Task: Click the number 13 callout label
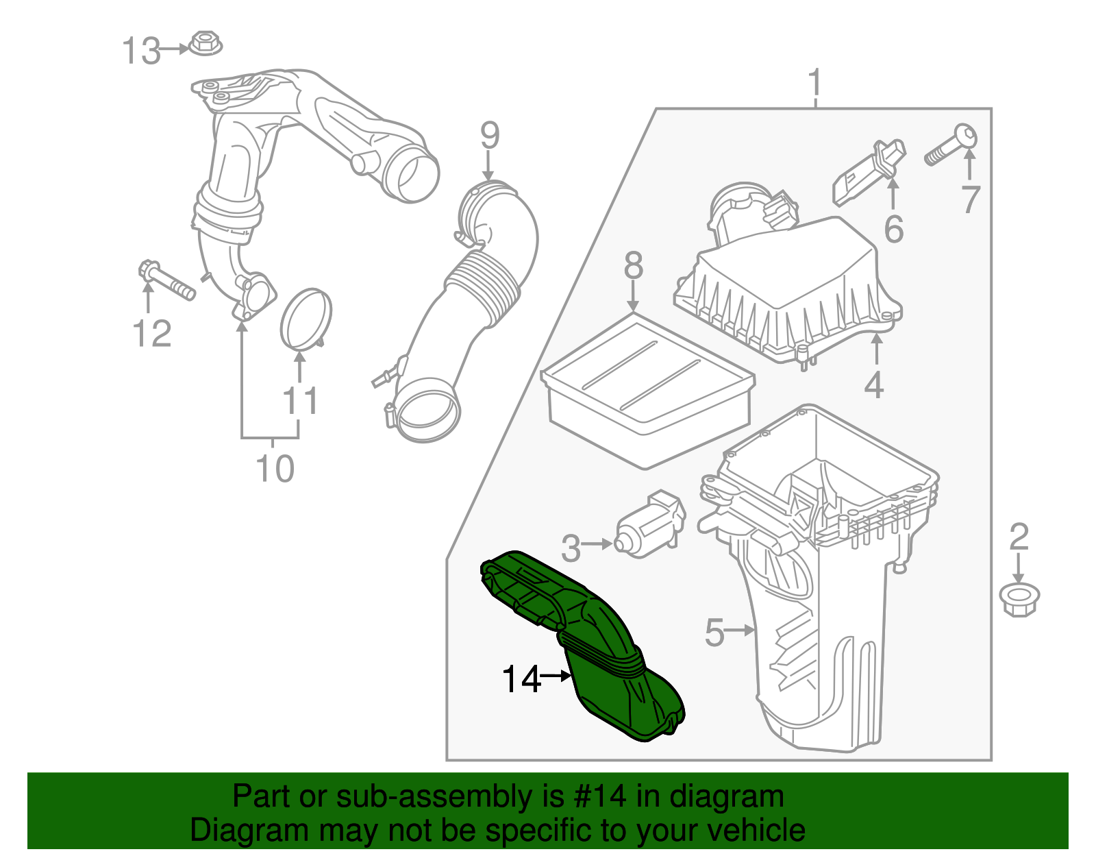click(x=141, y=51)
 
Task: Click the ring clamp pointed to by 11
click(x=306, y=318)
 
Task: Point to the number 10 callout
click(x=275, y=469)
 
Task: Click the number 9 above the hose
click(x=489, y=136)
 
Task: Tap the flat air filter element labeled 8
click(x=647, y=391)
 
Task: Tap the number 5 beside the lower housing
click(x=714, y=633)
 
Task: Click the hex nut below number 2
click(x=1019, y=598)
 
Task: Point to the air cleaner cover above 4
click(x=788, y=288)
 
